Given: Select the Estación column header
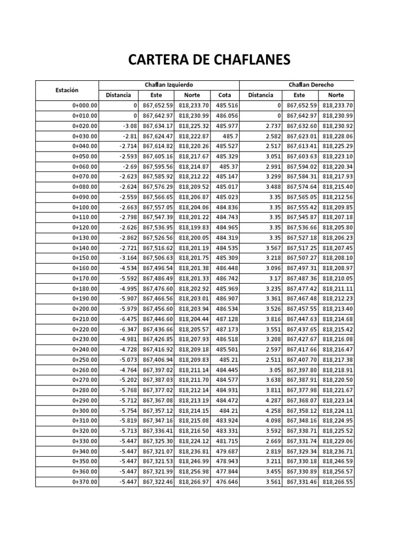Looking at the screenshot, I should [67, 90].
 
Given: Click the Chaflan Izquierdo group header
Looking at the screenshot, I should [169, 84].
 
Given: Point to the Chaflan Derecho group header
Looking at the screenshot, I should [311, 84].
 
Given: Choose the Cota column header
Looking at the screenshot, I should [225, 95].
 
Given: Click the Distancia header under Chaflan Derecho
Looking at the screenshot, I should [260, 95].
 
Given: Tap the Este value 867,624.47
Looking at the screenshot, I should [157, 136].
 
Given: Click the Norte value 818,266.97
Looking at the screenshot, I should [194, 481].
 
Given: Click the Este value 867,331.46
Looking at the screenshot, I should [299, 481].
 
